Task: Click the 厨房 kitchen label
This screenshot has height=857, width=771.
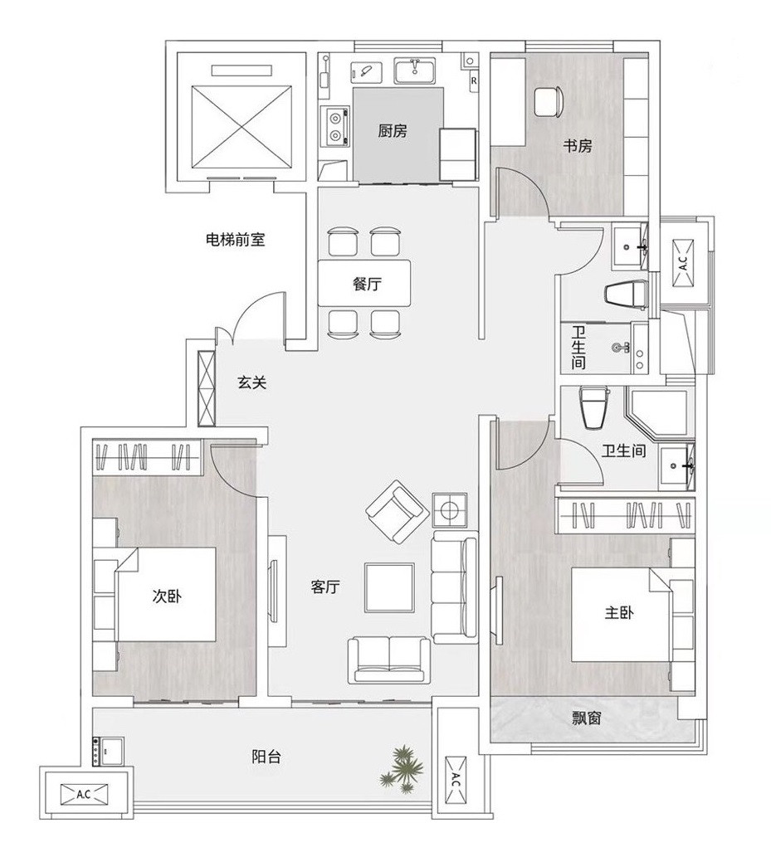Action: [393, 130]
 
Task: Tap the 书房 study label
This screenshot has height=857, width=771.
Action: [578, 146]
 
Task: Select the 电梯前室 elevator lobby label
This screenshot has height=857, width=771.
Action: [235, 240]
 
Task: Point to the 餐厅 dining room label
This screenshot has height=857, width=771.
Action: [367, 284]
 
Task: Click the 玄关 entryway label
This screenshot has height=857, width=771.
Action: [252, 382]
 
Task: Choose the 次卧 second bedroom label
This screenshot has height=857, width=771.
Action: [167, 596]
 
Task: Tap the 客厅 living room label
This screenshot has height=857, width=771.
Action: [325, 587]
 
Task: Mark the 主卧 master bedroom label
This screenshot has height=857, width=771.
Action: [619, 613]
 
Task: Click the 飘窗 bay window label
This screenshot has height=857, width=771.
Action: [587, 718]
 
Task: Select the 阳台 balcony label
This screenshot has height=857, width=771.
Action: [266, 757]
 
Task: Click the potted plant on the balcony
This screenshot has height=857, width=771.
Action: [403, 768]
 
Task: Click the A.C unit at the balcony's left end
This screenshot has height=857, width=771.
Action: [84, 794]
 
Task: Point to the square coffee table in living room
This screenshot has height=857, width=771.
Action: [389, 587]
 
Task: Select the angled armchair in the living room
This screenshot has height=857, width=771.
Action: [398, 512]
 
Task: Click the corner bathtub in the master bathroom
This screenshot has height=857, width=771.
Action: [656, 414]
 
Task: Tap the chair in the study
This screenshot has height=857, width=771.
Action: [549, 102]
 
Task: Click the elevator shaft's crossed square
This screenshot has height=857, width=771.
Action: [240, 127]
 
